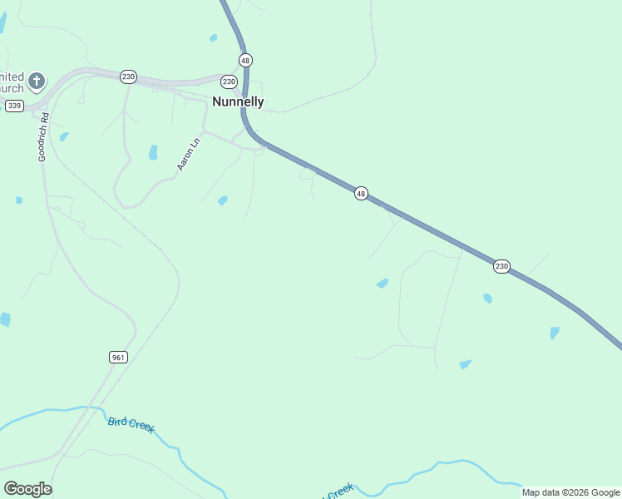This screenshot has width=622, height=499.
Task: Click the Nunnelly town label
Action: pyautogui.click(x=238, y=102)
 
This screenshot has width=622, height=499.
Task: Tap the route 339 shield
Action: pyautogui.click(x=14, y=106)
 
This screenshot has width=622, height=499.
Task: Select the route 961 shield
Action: pyautogui.click(x=118, y=357)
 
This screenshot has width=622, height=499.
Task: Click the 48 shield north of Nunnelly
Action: pyautogui.click(x=244, y=61)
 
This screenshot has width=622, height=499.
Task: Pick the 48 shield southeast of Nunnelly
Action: pyautogui.click(x=360, y=193)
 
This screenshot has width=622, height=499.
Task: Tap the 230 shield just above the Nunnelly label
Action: pyautogui.click(x=229, y=82)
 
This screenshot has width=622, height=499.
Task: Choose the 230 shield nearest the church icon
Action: pyautogui.click(x=127, y=77)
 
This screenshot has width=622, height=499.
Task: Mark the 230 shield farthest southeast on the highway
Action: pyautogui.click(x=501, y=266)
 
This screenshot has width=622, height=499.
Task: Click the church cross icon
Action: pyautogui.click(x=36, y=81)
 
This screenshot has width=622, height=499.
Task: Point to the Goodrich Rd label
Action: pyautogui.click(x=45, y=138)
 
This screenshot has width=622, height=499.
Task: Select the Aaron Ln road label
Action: pyautogui.click(x=189, y=155)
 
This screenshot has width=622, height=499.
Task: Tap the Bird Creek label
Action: pyautogui.click(x=131, y=424)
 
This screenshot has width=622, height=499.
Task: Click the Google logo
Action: pyautogui.click(x=27, y=489)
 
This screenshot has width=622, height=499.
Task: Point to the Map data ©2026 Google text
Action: pyautogui.click(x=570, y=492)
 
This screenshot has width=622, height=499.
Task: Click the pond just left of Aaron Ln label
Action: pyautogui.click(x=153, y=152)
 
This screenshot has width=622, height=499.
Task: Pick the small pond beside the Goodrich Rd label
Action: pyautogui.click(x=64, y=136)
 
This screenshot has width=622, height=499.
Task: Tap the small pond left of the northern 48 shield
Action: pyautogui.click(x=214, y=37)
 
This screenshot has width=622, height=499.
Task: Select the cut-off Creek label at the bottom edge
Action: pyautogui.click(x=339, y=492)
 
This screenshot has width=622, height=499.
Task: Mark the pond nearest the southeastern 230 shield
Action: pyautogui.click(x=487, y=298)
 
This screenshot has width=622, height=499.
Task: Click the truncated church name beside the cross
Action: pyautogui.click(x=12, y=82)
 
